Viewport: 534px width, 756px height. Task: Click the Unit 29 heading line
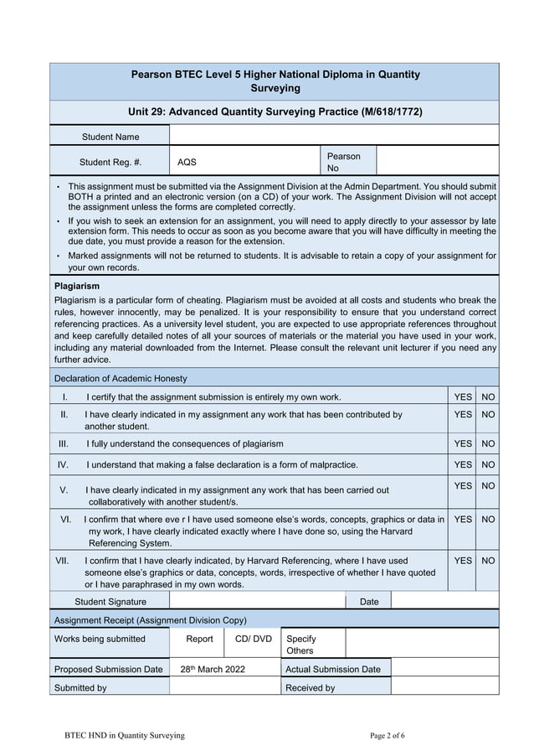(x=275, y=111)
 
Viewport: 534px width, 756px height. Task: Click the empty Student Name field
(x=333, y=136)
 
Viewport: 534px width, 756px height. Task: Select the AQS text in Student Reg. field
(x=187, y=162)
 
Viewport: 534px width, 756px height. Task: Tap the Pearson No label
(x=343, y=162)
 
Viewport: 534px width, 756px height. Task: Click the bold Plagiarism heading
(x=76, y=287)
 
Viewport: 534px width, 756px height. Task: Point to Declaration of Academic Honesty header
(x=121, y=378)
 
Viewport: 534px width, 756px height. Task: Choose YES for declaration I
(x=462, y=396)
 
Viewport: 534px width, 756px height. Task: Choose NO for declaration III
(x=488, y=443)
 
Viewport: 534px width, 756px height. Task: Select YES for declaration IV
(x=462, y=464)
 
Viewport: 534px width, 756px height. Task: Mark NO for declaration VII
(x=488, y=560)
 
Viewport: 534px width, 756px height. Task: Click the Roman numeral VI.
(x=65, y=520)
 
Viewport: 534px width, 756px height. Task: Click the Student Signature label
(x=110, y=601)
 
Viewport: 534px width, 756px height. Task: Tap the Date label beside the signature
(x=368, y=601)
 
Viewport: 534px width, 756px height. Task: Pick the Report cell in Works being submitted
(x=199, y=639)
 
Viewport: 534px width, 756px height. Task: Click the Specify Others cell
(x=301, y=645)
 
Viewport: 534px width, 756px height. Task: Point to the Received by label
(x=310, y=687)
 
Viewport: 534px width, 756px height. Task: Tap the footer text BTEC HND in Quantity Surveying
(x=125, y=735)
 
